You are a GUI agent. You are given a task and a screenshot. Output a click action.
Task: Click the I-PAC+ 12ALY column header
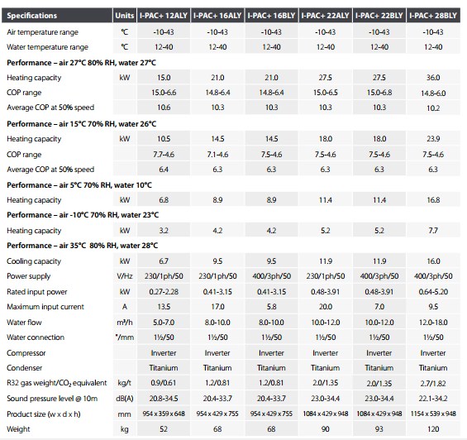click(x=164, y=16)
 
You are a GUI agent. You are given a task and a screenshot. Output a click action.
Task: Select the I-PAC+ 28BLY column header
click(x=433, y=16)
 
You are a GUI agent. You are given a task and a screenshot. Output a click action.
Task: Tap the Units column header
click(x=125, y=16)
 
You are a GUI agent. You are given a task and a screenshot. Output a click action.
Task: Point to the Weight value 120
click(x=433, y=429)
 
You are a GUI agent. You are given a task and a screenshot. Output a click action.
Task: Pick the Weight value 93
click(x=379, y=429)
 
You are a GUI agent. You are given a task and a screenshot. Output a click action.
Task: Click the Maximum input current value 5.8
click(x=271, y=307)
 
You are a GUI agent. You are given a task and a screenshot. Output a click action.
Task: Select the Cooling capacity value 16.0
click(x=433, y=261)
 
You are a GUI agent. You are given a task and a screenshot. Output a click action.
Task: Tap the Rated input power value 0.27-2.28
click(x=164, y=292)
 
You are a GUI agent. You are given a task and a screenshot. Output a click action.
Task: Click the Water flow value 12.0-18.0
click(x=433, y=323)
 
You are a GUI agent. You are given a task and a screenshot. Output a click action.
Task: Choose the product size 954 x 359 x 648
click(x=164, y=414)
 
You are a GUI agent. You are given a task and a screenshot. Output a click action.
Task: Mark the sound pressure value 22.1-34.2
click(x=433, y=399)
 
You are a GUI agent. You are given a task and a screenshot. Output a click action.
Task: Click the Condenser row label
click(x=25, y=368)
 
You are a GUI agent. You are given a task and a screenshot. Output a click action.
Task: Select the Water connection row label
click(x=36, y=337)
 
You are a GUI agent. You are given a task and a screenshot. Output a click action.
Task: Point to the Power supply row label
click(x=29, y=276)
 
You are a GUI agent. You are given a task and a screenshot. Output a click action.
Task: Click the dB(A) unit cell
click(x=125, y=399)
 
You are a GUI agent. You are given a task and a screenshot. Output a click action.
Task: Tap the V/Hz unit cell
click(x=125, y=276)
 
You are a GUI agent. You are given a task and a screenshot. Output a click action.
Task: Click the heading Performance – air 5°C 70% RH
click(x=60, y=185)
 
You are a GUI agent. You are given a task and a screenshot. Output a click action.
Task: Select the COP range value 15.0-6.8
click(x=379, y=93)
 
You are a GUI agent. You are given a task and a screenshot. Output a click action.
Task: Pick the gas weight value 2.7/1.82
click(x=433, y=384)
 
